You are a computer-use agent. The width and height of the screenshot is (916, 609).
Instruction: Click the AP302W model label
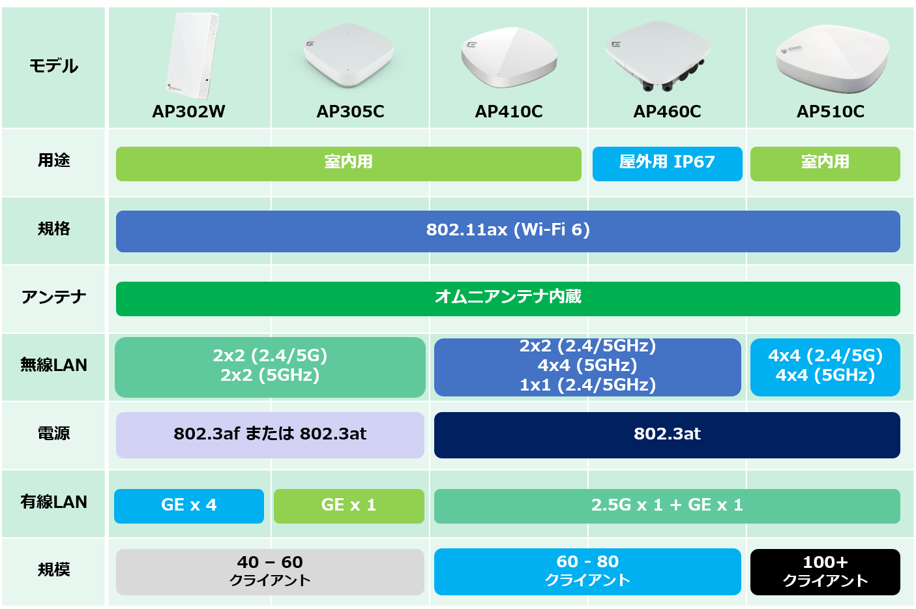pos(188,111)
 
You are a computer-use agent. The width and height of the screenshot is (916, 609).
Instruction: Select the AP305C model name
pos(350,111)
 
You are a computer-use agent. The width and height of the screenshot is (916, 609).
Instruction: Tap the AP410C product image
pos(509,57)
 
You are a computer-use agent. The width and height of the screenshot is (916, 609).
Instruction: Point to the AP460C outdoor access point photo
pos(658,56)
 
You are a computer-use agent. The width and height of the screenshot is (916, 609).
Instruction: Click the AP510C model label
pos(830,111)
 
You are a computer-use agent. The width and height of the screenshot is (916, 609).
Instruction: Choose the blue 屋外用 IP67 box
pos(667,163)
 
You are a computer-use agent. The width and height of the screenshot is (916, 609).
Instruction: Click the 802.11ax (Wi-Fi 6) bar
pos(508,231)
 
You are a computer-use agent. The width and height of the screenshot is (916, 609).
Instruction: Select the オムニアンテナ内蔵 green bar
pos(508,299)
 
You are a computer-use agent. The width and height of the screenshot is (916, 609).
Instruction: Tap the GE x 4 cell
pos(189,506)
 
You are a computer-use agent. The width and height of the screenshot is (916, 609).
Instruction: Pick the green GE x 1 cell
pos(349,506)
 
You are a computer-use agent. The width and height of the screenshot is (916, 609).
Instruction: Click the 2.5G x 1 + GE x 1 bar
pos(667,506)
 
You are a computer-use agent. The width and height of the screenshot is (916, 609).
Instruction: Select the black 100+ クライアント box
pos(825,572)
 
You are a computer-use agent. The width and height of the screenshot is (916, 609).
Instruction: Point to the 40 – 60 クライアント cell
pos(270,572)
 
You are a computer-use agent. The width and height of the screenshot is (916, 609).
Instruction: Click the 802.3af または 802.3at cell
pos(270,435)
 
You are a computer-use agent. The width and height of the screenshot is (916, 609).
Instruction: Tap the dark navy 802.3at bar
pos(667,435)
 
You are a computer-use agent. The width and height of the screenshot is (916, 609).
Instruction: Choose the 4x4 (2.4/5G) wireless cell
pos(825,367)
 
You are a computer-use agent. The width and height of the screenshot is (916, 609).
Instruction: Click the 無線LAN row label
pos(53,365)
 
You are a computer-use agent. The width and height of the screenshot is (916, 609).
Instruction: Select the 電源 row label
pos(53,434)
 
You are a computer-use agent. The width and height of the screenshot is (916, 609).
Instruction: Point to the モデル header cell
pos(53,67)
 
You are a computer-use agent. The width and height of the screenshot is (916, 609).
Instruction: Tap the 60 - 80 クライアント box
pos(587,572)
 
